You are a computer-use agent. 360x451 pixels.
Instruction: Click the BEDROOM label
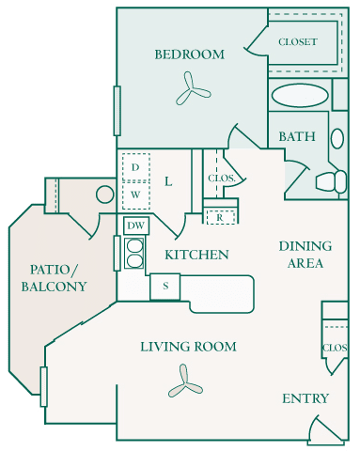pos(190,54)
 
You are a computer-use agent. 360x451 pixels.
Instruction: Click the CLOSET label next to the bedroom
pos(297,42)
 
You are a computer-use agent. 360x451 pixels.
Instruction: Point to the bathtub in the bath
pos(301,95)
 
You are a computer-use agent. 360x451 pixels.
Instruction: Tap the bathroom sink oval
pos(337,137)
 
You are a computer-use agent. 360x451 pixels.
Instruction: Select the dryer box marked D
pos(136,167)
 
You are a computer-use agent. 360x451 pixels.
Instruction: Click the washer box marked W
pos(136,194)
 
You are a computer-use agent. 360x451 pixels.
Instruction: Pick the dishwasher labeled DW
pos(135,225)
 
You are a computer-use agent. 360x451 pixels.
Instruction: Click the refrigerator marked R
pos(219,217)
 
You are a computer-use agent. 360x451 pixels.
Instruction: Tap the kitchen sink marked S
pos(164,286)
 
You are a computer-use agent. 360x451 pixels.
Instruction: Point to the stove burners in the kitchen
pos(135,254)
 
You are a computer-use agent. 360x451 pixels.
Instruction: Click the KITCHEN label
pos(196,255)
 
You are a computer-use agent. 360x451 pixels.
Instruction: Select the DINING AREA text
pos(305,255)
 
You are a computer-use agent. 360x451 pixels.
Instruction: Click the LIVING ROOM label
pos(188,347)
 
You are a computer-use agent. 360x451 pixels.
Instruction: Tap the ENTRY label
pos(305,398)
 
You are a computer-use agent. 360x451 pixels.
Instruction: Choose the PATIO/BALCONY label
pos(55,277)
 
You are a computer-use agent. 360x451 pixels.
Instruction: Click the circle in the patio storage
pos(103,196)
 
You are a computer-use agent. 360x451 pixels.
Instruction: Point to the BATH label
pos(296,137)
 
